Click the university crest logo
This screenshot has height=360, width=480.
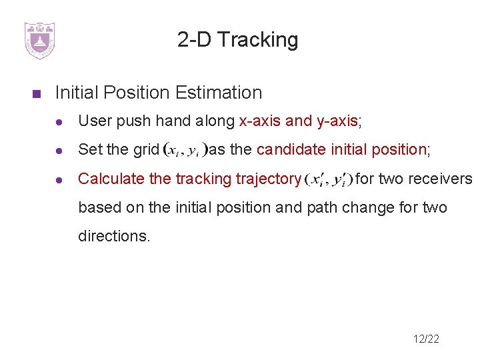pos(39,40)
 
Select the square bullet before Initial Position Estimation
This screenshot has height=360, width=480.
pos(37,93)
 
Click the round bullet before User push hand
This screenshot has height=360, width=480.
pos(59,121)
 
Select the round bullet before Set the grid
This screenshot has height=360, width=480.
pos(59,150)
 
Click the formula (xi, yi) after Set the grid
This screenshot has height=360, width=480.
pos(185,150)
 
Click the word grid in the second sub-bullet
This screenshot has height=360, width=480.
pos(145,149)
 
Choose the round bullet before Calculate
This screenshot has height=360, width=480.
pos(59,179)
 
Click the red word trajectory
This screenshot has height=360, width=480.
pos(271,179)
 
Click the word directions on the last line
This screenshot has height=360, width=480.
pos(114,236)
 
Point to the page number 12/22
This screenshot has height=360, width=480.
pos(426,339)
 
